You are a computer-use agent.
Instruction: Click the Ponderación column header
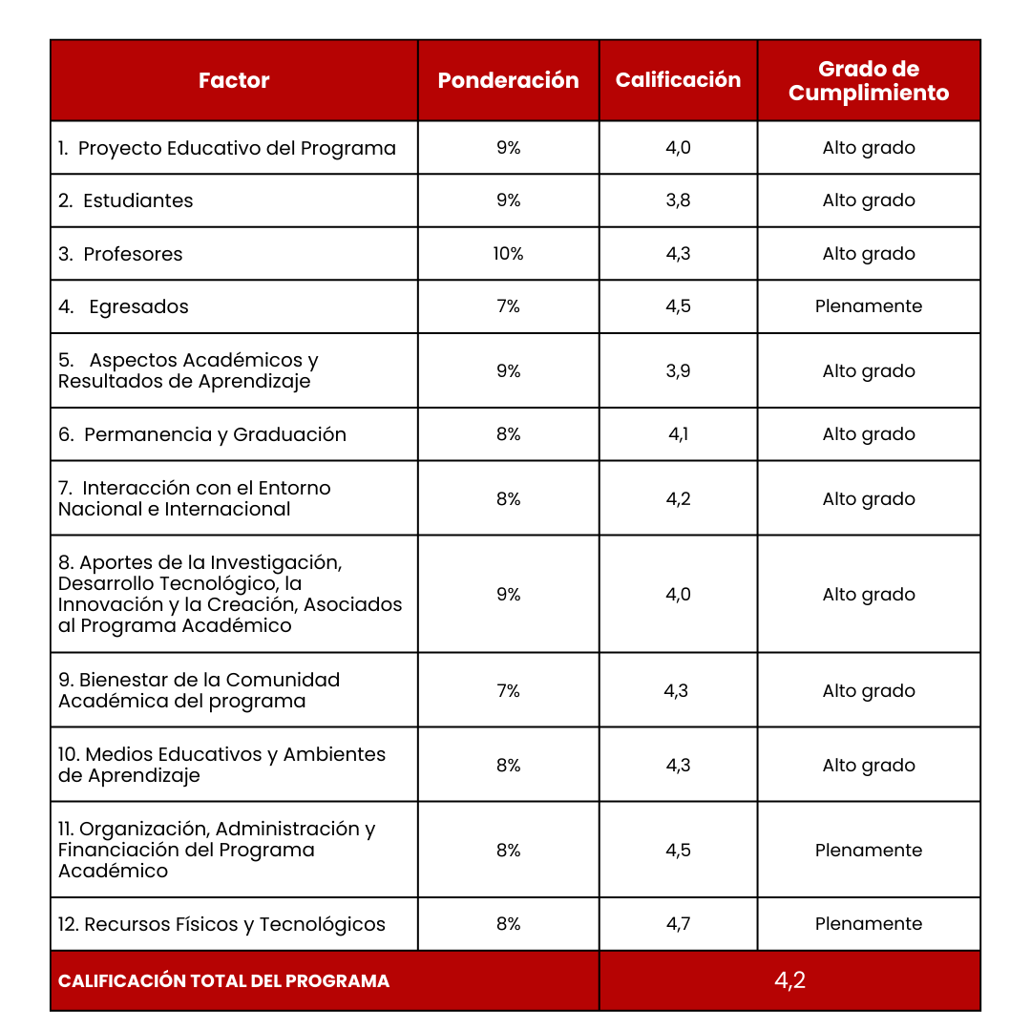[x=508, y=80]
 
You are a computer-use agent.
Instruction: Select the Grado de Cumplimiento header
[x=869, y=80]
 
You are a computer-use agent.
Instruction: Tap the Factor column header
[x=234, y=80]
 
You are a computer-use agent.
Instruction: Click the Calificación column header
[x=678, y=80]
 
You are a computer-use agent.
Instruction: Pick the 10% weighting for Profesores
[x=508, y=254]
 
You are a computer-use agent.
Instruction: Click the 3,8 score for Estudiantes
[x=678, y=200]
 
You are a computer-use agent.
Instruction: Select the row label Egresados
[x=138, y=306]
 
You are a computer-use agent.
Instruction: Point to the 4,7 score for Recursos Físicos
[x=678, y=924]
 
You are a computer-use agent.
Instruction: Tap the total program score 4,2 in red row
[x=789, y=980]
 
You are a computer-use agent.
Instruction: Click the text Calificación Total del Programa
[x=223, y=981]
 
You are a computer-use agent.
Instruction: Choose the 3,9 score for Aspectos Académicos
[x=678, y=371]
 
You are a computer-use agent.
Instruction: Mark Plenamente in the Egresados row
[x=869, y=306]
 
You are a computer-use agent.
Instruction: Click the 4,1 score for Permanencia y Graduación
[x=678, y=434]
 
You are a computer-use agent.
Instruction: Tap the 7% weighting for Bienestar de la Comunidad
[x=508, y=690]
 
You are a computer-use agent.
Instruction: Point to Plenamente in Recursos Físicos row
[x=869, y=924]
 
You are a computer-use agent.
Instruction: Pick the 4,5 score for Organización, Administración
[x=678, y=850]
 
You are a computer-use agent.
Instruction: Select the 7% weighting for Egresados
[x=508, y=306]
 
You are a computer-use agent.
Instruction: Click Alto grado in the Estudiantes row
[x=869, y=200]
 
